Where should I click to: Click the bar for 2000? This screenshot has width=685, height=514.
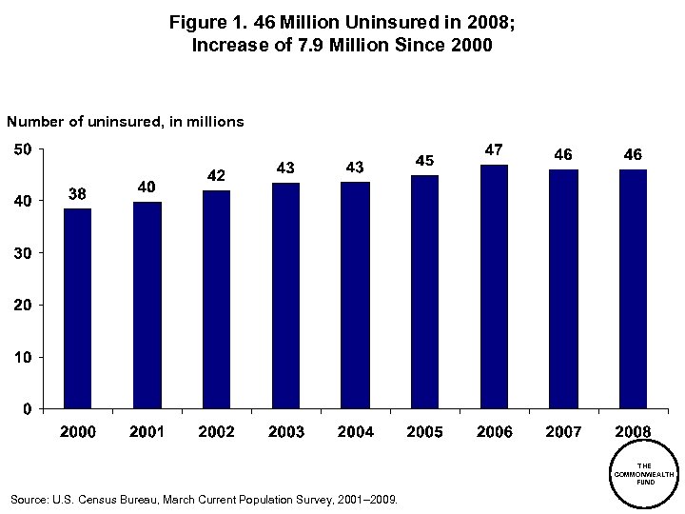tap(78, 308)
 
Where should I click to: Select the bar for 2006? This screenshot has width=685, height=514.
tap(494, 287)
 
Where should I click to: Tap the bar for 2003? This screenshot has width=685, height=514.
tap(285, 296)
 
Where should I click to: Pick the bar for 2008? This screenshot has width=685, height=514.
tap(633, 289)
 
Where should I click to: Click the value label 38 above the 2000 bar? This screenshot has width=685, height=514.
tap(78, 194)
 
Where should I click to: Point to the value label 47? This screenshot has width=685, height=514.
tap(494, 150)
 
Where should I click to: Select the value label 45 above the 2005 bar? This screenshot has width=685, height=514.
tap(424, 161)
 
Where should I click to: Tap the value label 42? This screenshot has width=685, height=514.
tap(216, 176)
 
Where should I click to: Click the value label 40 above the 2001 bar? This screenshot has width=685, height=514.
tap(147, 187)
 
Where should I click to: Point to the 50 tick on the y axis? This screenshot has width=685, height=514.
tap(22, 149)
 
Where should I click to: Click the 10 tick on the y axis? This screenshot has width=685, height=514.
tap(22, 357)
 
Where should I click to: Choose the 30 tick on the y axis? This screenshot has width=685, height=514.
tap(22, 253)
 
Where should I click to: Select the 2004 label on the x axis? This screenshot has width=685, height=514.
tap(355, 432)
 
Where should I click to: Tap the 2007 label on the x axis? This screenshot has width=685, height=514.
tap(563, 432)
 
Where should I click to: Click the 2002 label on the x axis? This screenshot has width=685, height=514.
tap(216, 432)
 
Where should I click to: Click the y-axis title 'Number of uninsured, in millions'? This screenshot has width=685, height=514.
tap(126, 122)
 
